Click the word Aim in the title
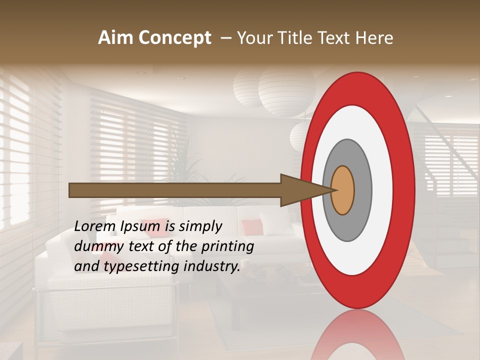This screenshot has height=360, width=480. tap(115, 38)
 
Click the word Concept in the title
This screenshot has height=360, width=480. tap(174, 38)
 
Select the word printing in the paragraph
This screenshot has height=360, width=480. tap(227, 246)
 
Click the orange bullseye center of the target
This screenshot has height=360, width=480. tap(343, 190)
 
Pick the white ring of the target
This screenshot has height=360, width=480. tap(380, 190)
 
